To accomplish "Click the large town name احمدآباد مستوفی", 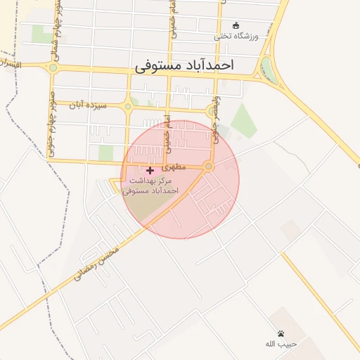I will click(184, 65).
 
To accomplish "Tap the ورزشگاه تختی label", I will click(237, 35).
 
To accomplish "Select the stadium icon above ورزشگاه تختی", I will click(236, 25).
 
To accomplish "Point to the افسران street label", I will click(13, 64).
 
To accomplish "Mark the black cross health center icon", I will click(150, 170).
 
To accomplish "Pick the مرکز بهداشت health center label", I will click(150, 186).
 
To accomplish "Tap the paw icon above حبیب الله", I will click(281, 333).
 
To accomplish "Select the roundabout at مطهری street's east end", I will click(208, 166).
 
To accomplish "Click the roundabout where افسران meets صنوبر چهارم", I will click(53, 68).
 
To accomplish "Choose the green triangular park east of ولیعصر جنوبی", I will click(243, 121).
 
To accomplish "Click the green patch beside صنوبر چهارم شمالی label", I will click(41, 34).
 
